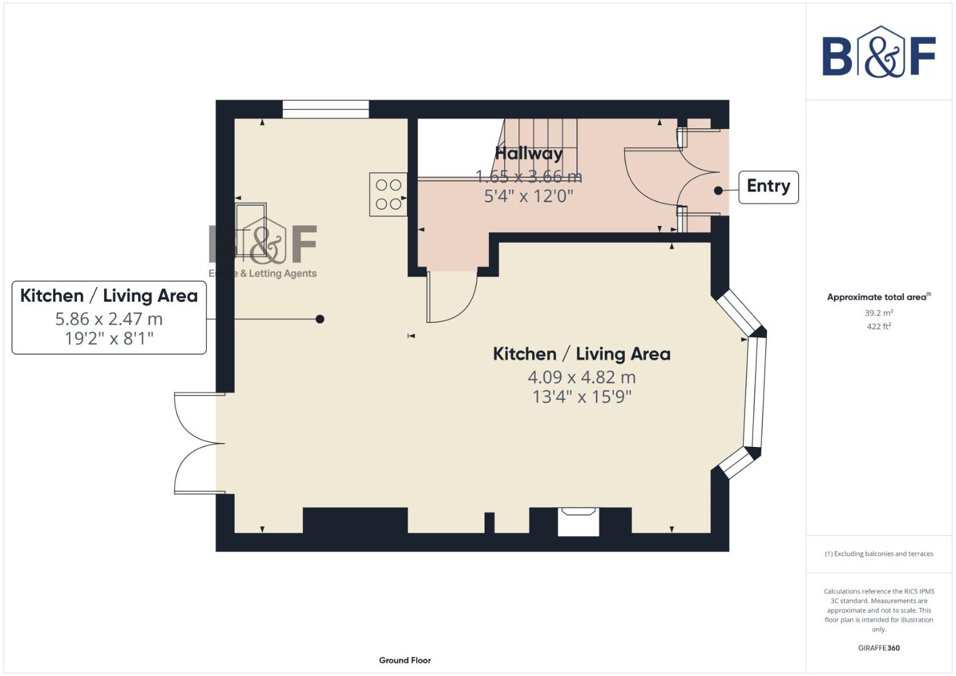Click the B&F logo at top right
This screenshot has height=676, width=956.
pyautogui.click(x=878, y=53)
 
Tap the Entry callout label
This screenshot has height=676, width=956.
pyautogui.click(x=768, y=187)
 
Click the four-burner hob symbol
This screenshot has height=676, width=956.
pyautogui.click(x=388, y=194)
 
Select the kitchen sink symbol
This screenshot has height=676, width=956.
pyautogui.click(x=250, y=220)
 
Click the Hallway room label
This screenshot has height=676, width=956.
pyautogui.click(x=528, y=153)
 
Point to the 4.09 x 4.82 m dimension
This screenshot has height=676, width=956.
pyautogui.click(x=582, y=377)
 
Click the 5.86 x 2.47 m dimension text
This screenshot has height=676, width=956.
pyautogui.click(x=109, y=319)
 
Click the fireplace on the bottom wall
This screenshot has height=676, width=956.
pyautogui.click(x=578, y=521)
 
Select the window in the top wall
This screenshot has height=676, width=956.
pyautogui.click(x=325, y=109)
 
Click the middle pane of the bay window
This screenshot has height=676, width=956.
pyautogui.click(x=755, y=391)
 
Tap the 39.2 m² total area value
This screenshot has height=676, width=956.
pyautogui.click(x=878, y=312)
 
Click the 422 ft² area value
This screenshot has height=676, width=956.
pyautogui.click(x=878, y=326)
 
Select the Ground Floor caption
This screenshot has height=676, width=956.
pyautogui.click(x=404, y=660)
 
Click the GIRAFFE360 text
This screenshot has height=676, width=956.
pyautogui.click(x=878, y=648)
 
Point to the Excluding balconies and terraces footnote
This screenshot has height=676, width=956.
pyautogui.click(x=878, y=553)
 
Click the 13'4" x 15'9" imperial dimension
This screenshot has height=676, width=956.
pyautogui.click(x=582, y=397)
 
